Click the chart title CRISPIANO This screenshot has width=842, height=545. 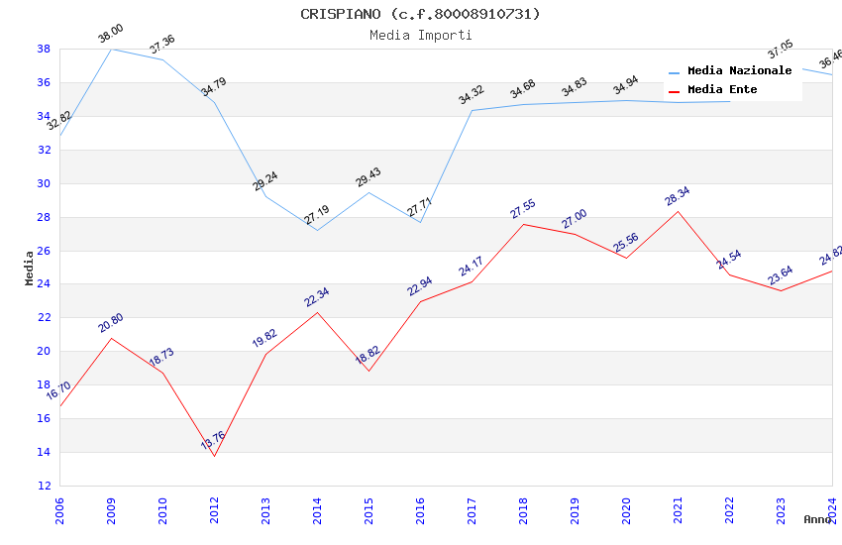(x=420, y=14)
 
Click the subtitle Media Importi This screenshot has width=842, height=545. (x=420, y=35)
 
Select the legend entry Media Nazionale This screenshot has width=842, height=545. (x=739, y=71)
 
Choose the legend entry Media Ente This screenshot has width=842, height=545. (x=722, y=90)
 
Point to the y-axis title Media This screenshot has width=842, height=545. (x=30, y=268)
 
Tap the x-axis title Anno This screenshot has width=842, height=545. (x=817, y=519)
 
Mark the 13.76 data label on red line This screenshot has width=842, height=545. (x=213, y=440)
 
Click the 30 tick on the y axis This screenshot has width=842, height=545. (x=45, y=183)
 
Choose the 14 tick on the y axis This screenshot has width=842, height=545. (x=45, y=453)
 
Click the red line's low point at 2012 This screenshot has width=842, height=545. (x=214, y=456)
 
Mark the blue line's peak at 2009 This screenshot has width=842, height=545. (x=111, y=49)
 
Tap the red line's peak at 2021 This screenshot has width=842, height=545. (x=678, y=211)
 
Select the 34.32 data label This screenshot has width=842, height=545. (x=472, y=95)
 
